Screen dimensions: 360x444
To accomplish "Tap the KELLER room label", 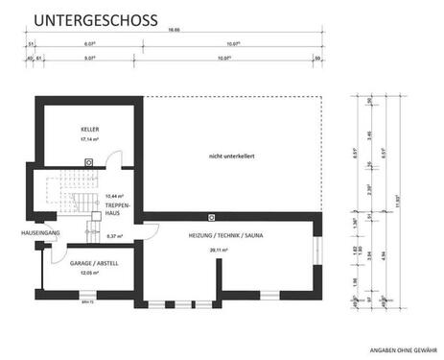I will (89, 129).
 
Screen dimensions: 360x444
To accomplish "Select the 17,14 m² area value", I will (89, 140).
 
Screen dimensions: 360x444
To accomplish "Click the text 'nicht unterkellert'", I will (230, 156).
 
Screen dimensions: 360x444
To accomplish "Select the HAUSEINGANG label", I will (41, 233).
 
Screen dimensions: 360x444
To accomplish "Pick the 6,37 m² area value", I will (114, 236).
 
